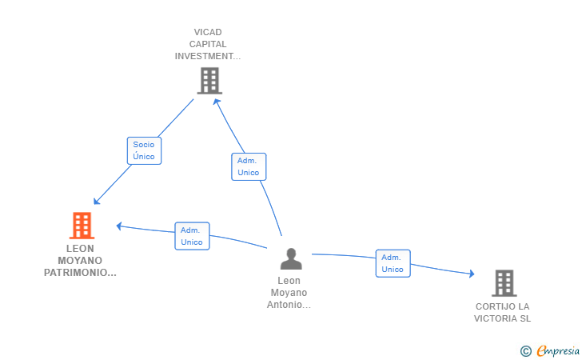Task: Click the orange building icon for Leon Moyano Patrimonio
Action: [82, 225]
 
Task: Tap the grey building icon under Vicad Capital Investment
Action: [209, 81]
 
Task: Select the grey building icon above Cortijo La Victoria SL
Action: [504, 283]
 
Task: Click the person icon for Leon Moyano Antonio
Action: [291, 258]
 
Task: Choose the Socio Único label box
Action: [144, 150]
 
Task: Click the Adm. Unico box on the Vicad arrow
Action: [249, 167]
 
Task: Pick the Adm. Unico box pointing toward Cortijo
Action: [393, 263]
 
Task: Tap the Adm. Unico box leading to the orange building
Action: [192, 236]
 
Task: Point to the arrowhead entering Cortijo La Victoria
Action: [472, 274]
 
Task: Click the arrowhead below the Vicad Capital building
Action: [217, 102]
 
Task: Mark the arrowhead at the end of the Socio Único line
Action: [97, 201]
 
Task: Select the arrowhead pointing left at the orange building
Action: [119, 226]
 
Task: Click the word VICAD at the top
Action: [208, 32]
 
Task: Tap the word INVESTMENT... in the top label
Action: [208, 56]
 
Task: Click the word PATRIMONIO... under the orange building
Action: [80, 273]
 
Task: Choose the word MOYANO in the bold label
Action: [80, 261]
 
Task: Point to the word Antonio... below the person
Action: [289, 305]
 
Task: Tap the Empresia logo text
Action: [558, 350]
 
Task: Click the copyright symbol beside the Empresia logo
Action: [526, 351]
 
